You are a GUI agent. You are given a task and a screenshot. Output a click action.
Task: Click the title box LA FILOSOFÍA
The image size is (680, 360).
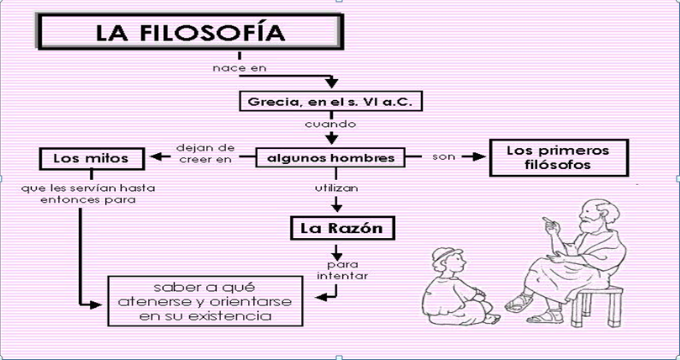(x=190, y=34)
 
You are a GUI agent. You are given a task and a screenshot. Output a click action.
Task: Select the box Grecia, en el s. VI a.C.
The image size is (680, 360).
(x=329, y=102)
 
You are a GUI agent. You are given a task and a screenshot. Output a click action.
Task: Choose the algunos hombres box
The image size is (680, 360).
(x=329, y=157)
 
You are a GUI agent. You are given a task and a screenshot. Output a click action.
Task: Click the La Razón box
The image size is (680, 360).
(x=336, y=228)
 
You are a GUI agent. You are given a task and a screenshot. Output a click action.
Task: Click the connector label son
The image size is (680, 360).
(x=443, y=156)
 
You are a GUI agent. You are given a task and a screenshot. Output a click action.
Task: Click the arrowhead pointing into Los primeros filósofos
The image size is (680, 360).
(x=482, y=156)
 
